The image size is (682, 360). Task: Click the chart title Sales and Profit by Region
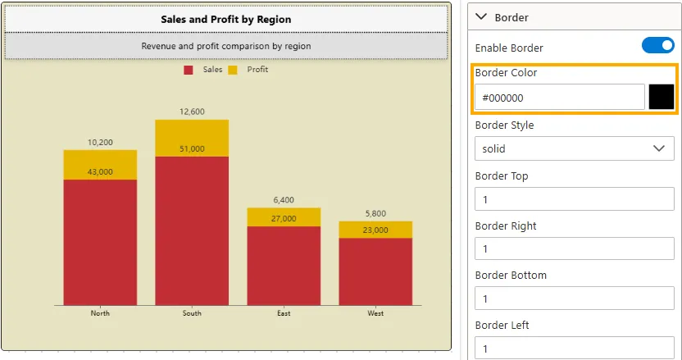click(225, 19)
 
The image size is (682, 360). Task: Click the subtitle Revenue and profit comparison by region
click(225, 46)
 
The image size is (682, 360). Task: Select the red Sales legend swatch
click(189, 71)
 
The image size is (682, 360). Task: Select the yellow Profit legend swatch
click(233, 71)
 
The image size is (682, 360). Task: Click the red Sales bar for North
click(100, 242)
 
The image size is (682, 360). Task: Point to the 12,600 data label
click(192, 112)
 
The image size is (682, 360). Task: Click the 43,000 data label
click(100, 172)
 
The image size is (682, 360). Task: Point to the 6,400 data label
click(284, 200)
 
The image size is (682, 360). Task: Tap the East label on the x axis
click(284, 313)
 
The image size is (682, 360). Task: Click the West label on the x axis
click(375, 313)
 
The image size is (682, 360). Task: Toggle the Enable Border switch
click(657, 46)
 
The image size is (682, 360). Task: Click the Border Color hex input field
click(559, 98)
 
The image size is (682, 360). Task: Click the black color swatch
click(661, 97)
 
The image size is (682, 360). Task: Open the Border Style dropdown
click(574, 148)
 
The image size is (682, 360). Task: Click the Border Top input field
click(574, 199)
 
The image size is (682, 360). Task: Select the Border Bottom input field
click(574, 299)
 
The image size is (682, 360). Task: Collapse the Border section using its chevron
click(481, 16)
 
